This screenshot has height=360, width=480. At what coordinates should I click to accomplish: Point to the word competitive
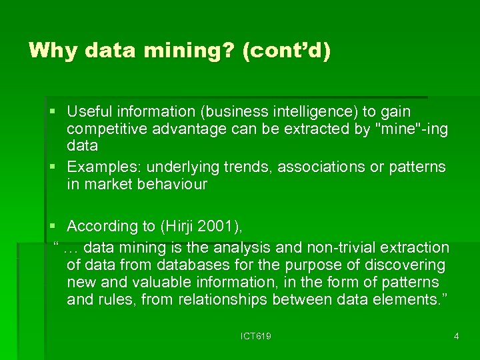click(x=108, y=128)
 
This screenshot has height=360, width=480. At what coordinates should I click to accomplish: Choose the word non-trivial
click(x=347, y=247)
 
